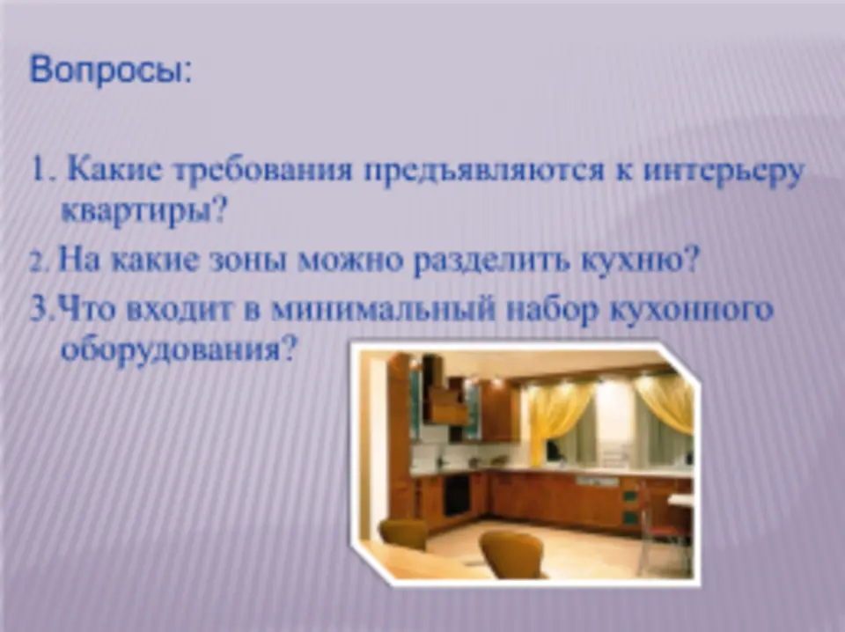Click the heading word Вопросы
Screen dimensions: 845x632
(x=110, y=71)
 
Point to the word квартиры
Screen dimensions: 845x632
(x=141, y=212)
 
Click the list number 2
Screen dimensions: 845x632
(x=40, y=263)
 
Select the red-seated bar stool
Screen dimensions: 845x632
(x=661, y=528)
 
